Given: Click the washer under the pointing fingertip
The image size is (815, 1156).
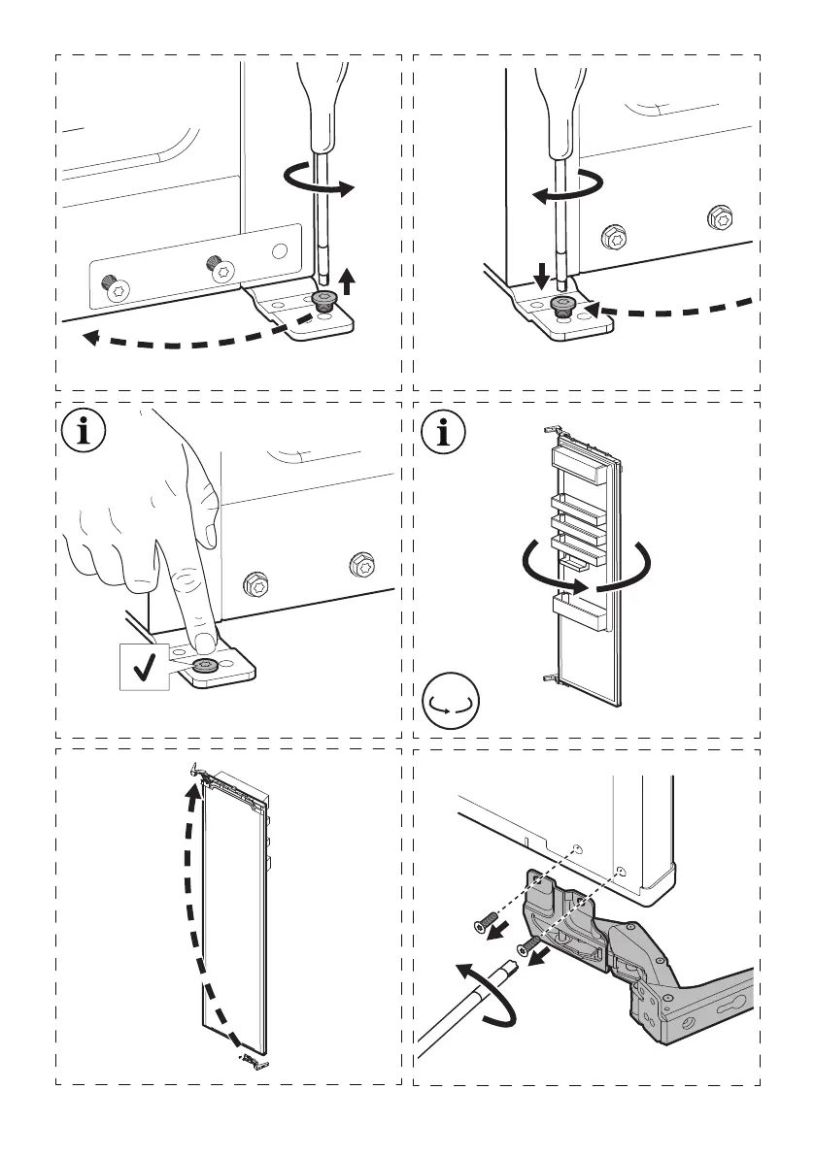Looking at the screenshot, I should tap(205, 666).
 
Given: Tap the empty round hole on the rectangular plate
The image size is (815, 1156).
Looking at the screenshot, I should tap(280, 250).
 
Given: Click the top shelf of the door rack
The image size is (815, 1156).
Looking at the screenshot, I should tap(580, 458).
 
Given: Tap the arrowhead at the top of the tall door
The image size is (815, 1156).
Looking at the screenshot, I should tap(194, 790).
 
